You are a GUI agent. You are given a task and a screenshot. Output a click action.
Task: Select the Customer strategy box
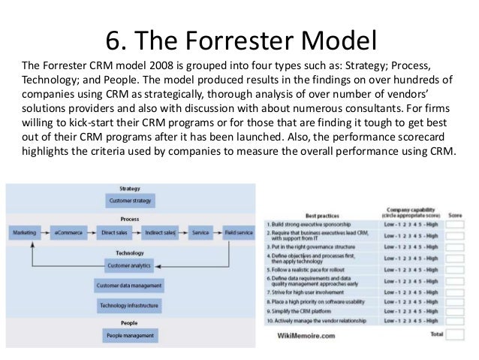click(x=130, y=201)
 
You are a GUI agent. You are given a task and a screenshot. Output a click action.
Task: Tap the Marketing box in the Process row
click(x=26, y=234)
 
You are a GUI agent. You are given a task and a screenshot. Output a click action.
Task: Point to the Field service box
click(x=239, y=234)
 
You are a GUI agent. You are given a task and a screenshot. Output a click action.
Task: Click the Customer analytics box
click(x=130, y=266)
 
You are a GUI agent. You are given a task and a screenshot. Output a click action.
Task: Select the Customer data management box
click(x=130, y=286)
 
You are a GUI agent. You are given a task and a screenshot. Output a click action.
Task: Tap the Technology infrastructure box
click(x=130, y=306)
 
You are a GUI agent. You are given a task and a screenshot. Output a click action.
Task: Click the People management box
click(x=130, y=335)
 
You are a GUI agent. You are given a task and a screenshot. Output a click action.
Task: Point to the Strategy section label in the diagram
click(x=130, y=189)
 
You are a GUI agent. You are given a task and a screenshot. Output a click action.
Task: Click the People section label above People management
click(x=130, y=322)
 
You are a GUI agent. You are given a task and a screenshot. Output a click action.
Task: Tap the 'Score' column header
click(x=456, y=214)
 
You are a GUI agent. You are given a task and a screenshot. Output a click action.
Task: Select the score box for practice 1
click(x=456, y=225)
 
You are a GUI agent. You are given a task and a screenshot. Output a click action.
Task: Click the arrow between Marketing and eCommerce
click(x=48, y=234)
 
